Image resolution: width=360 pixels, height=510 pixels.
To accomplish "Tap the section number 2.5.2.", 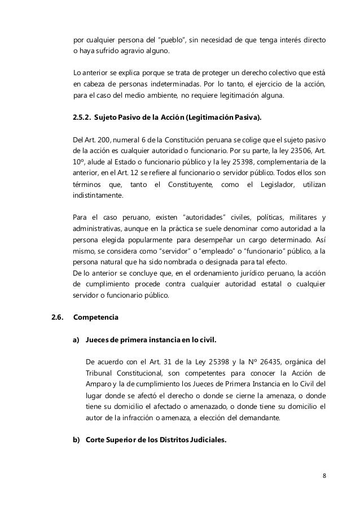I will tap(83, 117).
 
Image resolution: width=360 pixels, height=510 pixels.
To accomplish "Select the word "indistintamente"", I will tap(101, 197).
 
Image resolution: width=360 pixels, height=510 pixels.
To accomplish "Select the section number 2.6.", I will tap(57, 317).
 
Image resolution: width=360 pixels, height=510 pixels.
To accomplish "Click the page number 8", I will tap(324, 474).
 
